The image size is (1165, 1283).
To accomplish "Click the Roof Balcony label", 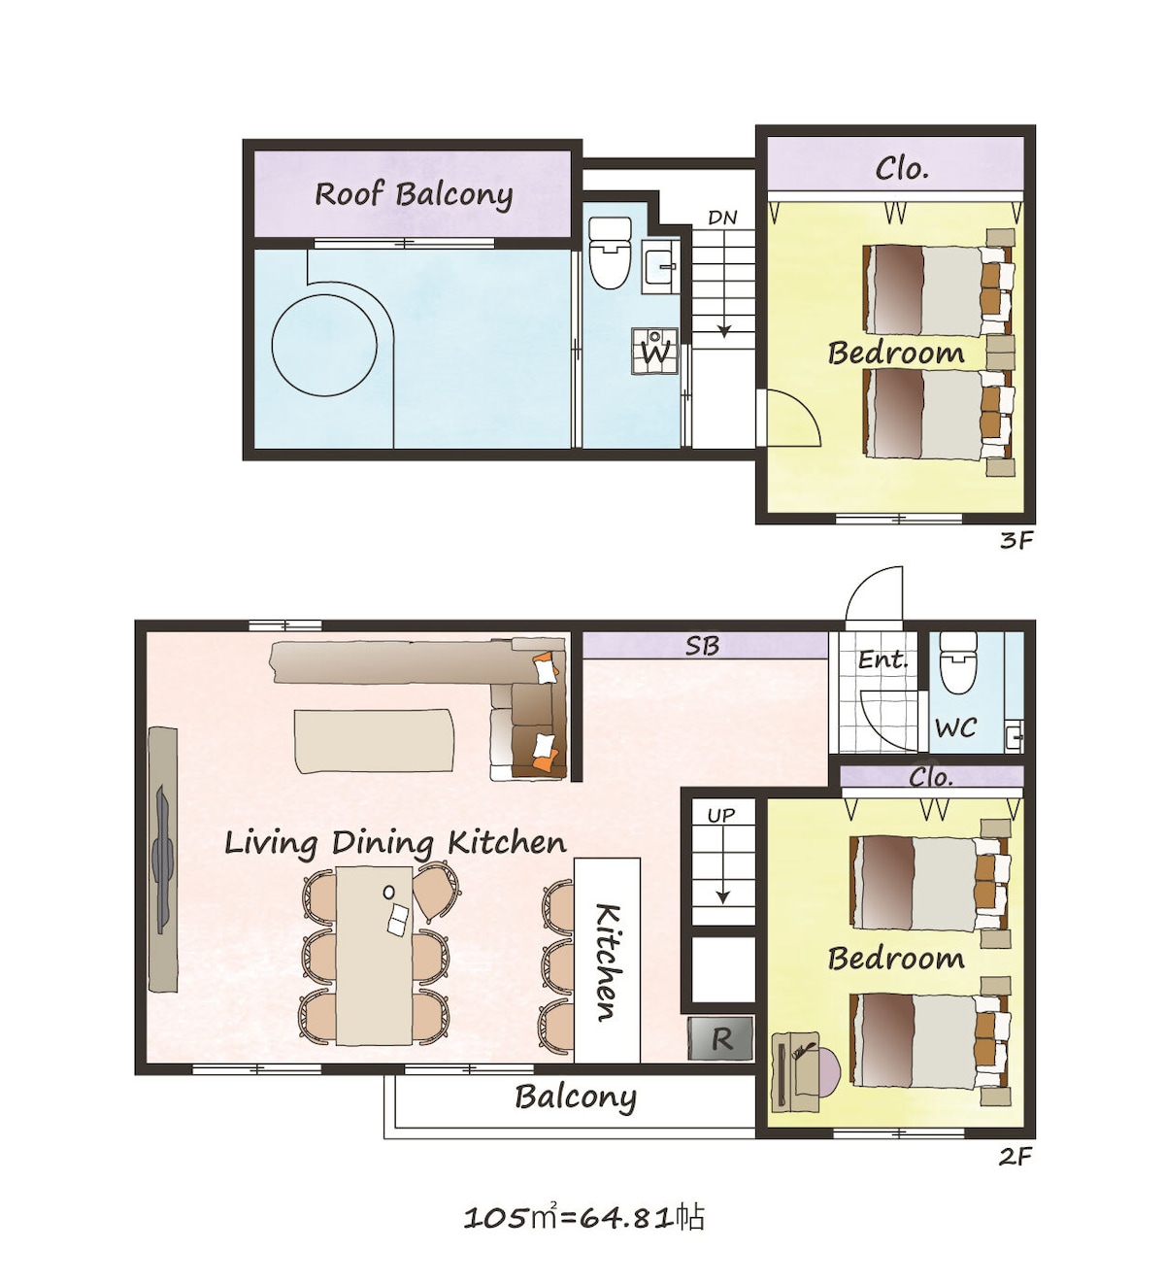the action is click(x=413, y=194).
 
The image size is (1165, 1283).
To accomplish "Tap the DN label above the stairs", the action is click(x=722, y=218).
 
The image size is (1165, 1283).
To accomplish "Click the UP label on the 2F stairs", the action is click(x=721, y=816).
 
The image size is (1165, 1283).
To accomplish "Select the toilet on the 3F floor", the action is click(x=610, y=252).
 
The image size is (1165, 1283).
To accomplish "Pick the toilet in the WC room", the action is click(x=957, y=662).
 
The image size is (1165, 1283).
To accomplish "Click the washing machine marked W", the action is click(x=654, y=352).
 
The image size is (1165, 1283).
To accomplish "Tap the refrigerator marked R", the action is click(x=720, y=1039).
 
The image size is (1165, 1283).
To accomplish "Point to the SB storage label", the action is click(x=702, y=646).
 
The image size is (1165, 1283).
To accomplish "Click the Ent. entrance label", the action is click(x=882, y=659).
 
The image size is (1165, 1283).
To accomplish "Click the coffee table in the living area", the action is click(x=374, y=741).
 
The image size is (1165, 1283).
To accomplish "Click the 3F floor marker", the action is click(x=1016, y=541).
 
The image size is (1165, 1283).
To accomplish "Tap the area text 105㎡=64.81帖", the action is click(x=583, y=1218).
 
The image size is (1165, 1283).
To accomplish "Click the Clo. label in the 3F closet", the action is click(x=902, y=169).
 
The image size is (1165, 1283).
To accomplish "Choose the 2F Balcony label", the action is click(x=576, y=1097).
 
